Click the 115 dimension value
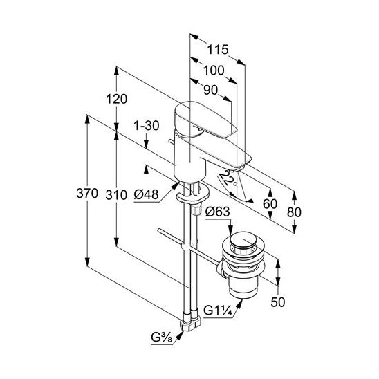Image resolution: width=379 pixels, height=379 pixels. [x=218, y=50]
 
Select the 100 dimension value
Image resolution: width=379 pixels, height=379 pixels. [x=214, y=71]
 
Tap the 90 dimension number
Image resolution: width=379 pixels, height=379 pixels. [x=210, y=90]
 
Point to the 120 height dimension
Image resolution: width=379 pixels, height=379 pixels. [x=116, y=99]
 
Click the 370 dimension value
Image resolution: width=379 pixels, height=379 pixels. [x=87, y=194]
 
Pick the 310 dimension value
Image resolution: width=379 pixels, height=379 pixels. [x=116, y=195]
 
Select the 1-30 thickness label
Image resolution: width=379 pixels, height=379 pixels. [x=147, y=126]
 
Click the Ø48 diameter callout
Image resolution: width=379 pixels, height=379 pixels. [x=146, y=194]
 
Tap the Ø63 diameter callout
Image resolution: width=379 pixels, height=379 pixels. [x=217, y=212]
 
